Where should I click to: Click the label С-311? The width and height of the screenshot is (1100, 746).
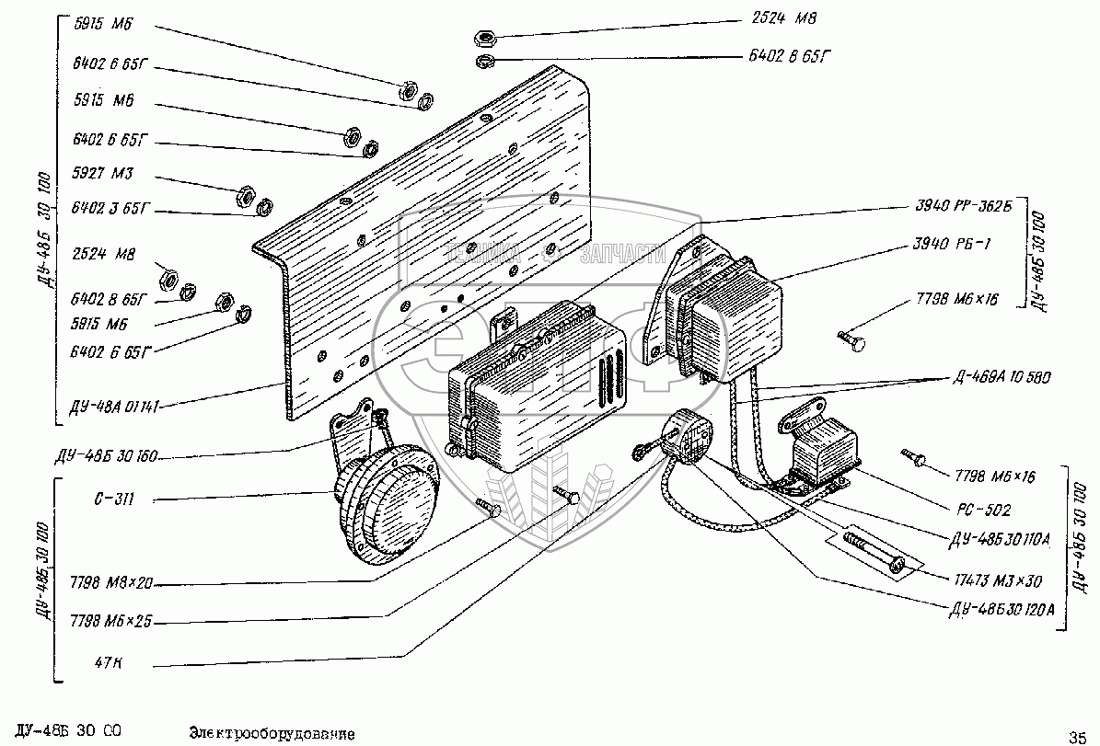[114, 500]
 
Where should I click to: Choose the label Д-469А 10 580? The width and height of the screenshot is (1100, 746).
[998, 377]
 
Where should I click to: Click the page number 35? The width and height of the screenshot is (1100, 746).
[1077, 735]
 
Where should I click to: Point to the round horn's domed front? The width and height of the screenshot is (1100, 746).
[392, 501]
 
